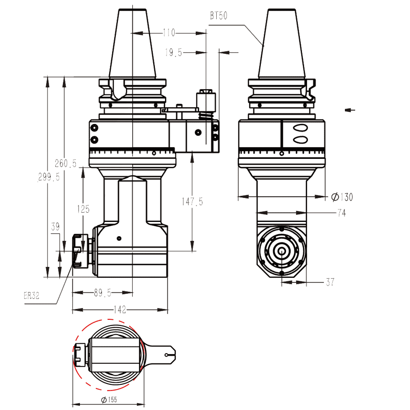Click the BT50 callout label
218,16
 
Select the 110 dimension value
169,33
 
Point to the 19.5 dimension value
174,52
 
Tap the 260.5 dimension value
65,163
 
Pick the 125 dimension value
83,209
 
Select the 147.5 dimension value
192,201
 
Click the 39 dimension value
55,226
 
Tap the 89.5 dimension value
102,293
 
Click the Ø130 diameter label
342,197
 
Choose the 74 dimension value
341,213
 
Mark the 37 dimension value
331,282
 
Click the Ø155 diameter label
109,399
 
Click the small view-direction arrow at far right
350,109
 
